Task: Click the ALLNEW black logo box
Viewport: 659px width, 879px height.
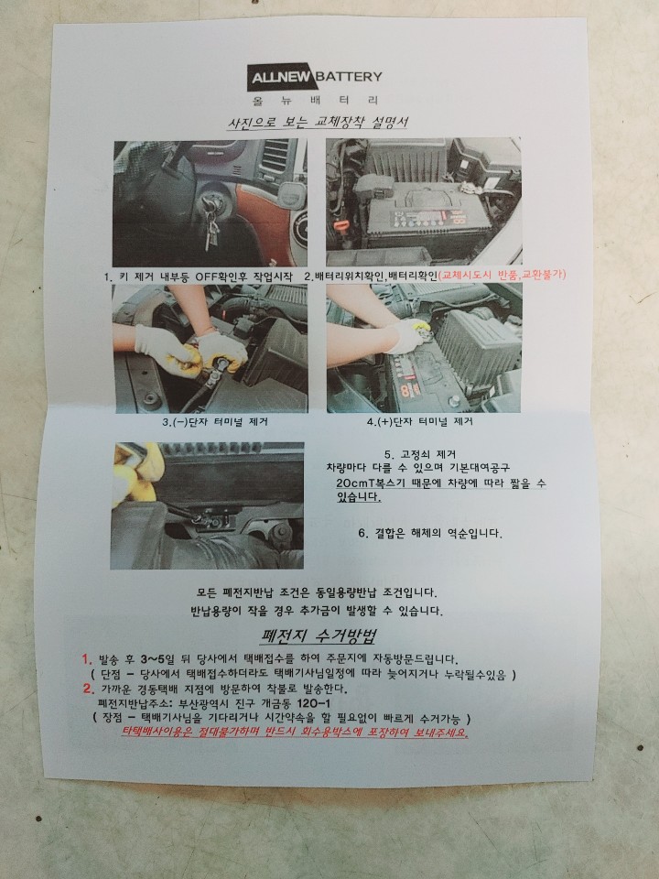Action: click(281, 77)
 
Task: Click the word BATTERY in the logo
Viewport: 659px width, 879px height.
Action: click(349, 76)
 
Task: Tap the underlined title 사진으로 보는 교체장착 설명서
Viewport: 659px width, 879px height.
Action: click(318, 122)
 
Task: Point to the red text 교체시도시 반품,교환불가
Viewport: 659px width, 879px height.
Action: click(502, 275)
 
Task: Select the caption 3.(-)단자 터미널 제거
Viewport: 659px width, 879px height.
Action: click(215, 421)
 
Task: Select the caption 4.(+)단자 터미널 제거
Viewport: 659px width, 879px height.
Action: click(420, 421)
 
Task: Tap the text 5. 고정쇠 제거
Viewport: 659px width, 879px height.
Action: click(420, 454)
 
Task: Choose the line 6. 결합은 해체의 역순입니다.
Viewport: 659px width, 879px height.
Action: click(430, 533)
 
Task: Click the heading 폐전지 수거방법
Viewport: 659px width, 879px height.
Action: click(318, 635)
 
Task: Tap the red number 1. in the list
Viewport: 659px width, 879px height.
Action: click(87, 658)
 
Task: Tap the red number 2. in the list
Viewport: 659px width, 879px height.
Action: click(89, 689)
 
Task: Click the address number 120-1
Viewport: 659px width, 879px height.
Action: click(313, 703)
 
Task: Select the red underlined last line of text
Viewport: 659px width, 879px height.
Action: click(295, 732)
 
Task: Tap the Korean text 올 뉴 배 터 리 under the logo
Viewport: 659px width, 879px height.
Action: click(315, 101)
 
